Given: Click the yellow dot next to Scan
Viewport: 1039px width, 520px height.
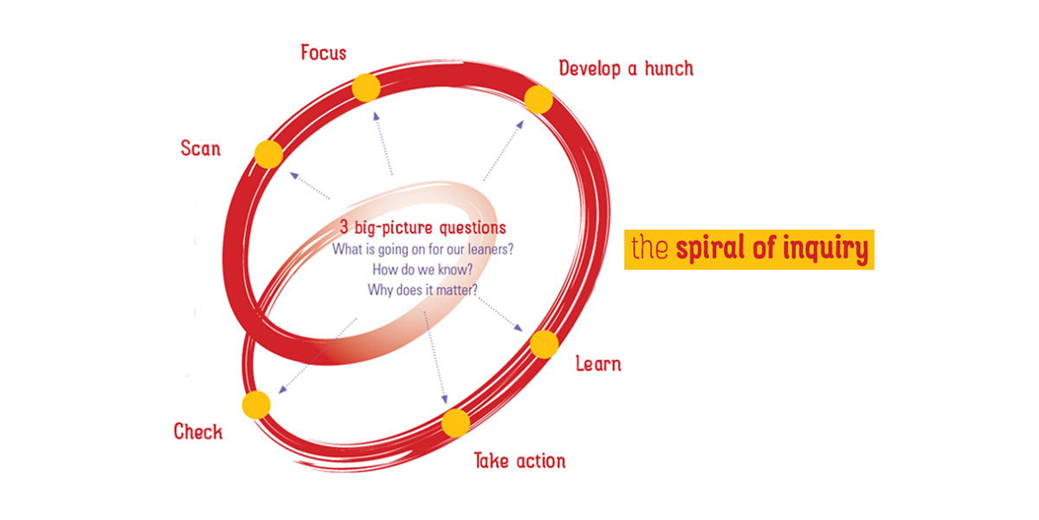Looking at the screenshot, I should [x=269, y=154].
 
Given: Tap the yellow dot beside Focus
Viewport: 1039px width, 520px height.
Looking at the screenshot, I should [x=366, y=88].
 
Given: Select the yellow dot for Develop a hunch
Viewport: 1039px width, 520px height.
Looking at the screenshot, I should [x=539, y=100].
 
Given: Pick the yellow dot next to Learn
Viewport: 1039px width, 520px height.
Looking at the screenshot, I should [x=544, y=344].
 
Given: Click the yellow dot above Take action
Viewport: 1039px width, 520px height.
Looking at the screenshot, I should [x=455, y=422].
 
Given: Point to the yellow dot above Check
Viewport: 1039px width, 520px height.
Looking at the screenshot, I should [x=256, y=405].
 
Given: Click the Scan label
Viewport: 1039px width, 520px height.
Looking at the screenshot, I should [x=201, y=148].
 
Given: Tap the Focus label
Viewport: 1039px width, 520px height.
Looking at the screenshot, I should [x=323, y=53].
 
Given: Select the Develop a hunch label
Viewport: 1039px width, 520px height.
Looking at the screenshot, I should [x=626, y=68].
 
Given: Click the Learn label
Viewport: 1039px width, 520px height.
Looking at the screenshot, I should [x=598, y=363].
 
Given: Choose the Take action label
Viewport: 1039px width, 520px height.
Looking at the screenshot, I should [x=519, y=459].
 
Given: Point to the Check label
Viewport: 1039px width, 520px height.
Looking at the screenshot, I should [x=198, y=432].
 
